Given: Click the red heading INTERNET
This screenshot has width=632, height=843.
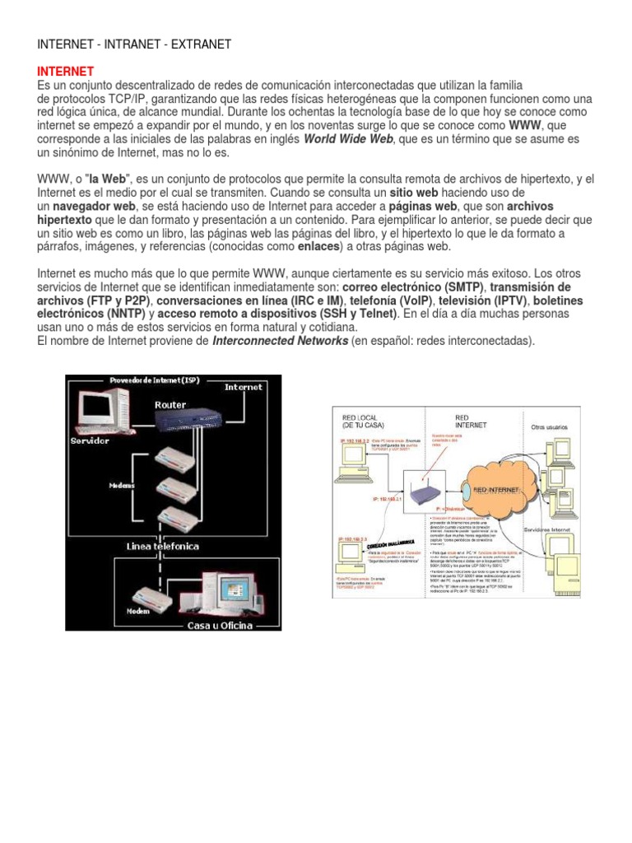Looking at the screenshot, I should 66,72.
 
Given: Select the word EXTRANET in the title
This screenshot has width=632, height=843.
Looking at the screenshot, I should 201,44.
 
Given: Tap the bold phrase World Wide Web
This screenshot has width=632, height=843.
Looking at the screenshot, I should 349,139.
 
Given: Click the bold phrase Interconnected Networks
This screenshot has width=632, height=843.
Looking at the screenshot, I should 280,340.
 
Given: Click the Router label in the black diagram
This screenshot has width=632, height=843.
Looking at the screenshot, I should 170,404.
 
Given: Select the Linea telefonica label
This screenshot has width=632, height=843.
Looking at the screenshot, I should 163,547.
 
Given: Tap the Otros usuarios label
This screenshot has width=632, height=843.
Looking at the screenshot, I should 550,427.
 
